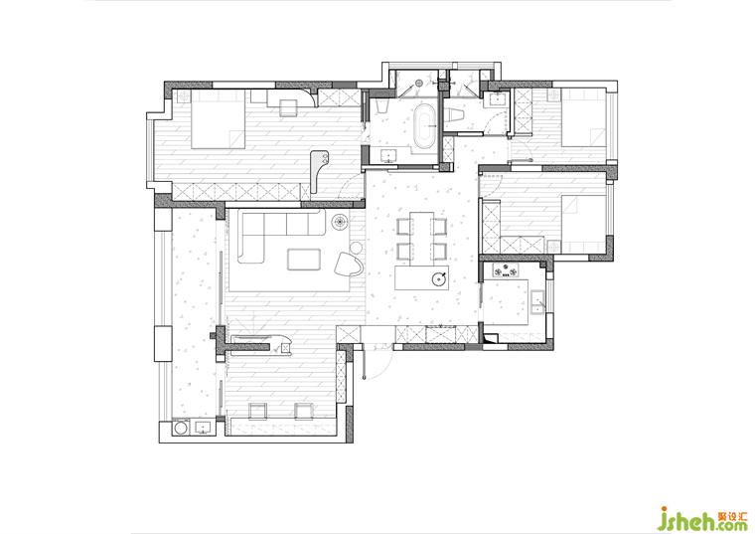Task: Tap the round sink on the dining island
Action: pyautogui.click(x=439, y=278)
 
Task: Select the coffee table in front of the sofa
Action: pyautogui.click(x=304, y=260)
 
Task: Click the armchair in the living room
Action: pyautogui.click(x=349, y=265)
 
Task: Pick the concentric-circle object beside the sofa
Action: pyautogui.click(x=340, y=222)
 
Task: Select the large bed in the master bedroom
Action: pyautogui.click(x=219, y=119)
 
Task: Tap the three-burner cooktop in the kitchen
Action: pyautogui.click(x=505, y=271)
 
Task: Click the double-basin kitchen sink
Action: pyautogui.click(x=537, y=301)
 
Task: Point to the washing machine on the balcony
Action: pyautogui.click(x=182, y=428)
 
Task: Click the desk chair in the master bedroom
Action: pyautogui.click(x=289, y=107)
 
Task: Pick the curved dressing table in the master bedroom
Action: pyautogui.click(x=318, y=171)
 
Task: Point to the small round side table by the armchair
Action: pyautogui.click(x=356, y=249)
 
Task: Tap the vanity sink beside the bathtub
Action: pyautogui.click(x=387, y=156)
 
